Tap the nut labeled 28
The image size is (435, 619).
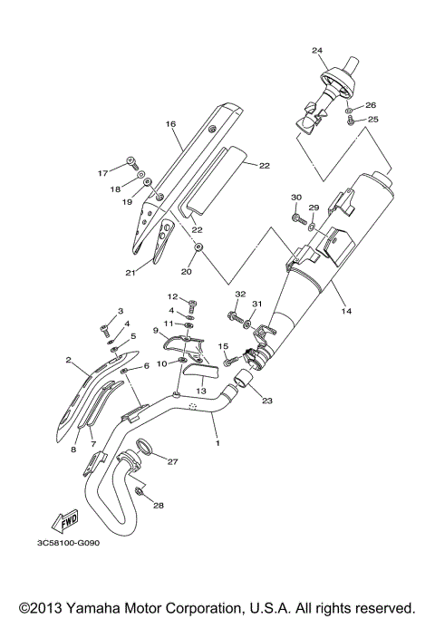(x=140, y=490)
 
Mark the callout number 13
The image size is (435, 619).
(x=202, y=391)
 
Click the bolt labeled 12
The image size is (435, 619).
(x=191, y=302)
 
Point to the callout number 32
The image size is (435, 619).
(x=240, y=295)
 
